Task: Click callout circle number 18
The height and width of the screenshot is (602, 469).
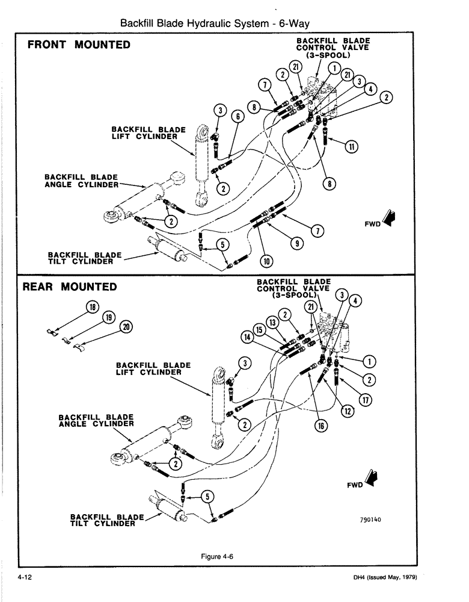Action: pyautogui.click(x=93, y=308)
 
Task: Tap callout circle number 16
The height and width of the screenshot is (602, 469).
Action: pyautogui.click(x=320, y=426)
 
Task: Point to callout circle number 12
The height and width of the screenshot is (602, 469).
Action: pyautogui.click(x=346, y=411)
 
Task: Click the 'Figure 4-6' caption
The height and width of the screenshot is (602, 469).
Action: pyautogui.click(x=217, y=557)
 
